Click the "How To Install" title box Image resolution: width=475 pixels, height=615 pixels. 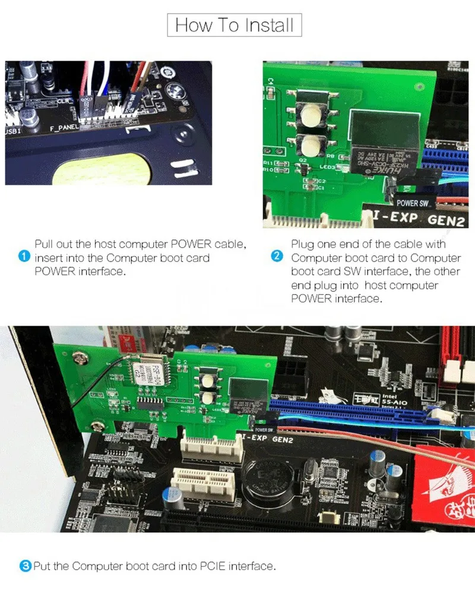pos(235,26)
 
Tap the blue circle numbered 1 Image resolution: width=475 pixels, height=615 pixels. pos(24,257)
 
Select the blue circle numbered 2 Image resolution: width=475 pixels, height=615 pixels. pos(277,257)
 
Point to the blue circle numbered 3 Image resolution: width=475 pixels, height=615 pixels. pos(26,566)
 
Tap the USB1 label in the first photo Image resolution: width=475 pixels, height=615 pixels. pos(14,130)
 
